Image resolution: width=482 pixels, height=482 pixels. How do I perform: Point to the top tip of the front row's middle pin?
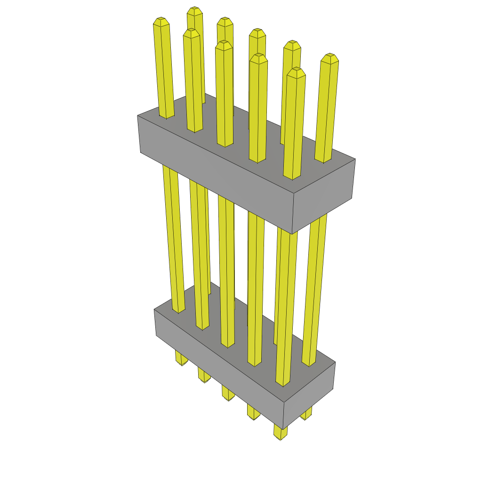(224, 44)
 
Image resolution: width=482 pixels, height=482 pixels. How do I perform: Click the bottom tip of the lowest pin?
(281, 438)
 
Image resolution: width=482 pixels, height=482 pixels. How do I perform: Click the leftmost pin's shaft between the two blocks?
(173, 235)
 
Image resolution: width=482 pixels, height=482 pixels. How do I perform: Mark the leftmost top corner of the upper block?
(137, 115)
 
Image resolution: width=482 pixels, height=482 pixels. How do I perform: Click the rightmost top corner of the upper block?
(355, 159)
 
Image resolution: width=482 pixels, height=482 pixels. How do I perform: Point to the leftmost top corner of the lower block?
(154, 310)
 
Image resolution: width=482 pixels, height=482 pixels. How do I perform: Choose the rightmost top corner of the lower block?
(335, 362)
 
